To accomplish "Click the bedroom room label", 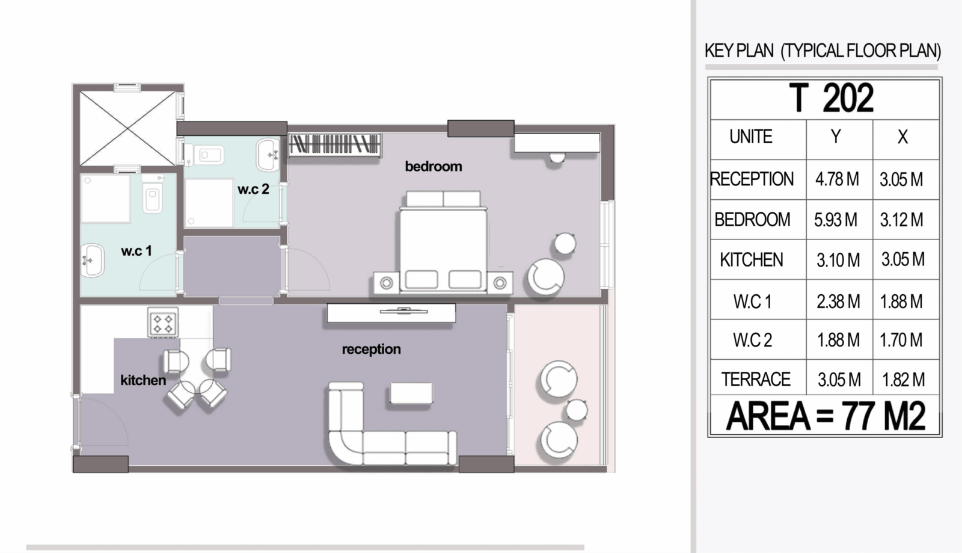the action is click(x=434, y=166).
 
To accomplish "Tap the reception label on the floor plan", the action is click(x=372, y=349).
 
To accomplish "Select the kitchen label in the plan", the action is click(x=143, y=380).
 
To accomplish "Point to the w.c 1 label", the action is click(x=136, y=250).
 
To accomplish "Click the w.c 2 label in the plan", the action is click(x=253, y=188).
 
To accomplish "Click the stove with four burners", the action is click(x=163, y=323).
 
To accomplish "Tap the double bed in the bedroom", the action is click(x=443, y=243).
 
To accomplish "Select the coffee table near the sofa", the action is click(x=411, y=393).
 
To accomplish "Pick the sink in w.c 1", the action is click(x=93, y=260).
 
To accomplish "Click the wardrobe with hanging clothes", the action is click(x=334, y=144).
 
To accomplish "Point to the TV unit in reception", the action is click(x=391, y=313).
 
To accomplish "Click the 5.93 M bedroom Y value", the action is click(x=836, y=220).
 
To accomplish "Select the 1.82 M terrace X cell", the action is click(x=903, y=380).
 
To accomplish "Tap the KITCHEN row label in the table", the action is click(x=752, y=260).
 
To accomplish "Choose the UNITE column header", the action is click(x=751, y=137).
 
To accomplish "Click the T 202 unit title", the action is click(x=831, y=98).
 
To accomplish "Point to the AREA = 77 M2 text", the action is click(x=825, y=416).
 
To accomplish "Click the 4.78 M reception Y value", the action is click(x=837, y=179).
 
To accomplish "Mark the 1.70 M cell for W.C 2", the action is click(x=901, y=340).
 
